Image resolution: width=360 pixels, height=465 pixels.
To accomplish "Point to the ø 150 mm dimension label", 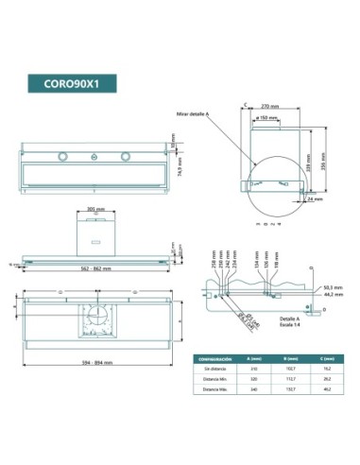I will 269,120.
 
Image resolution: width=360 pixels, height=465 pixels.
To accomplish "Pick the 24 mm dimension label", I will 317,200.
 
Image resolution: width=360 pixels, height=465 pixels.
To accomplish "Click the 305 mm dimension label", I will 95,209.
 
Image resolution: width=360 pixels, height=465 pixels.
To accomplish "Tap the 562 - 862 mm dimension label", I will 96,270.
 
